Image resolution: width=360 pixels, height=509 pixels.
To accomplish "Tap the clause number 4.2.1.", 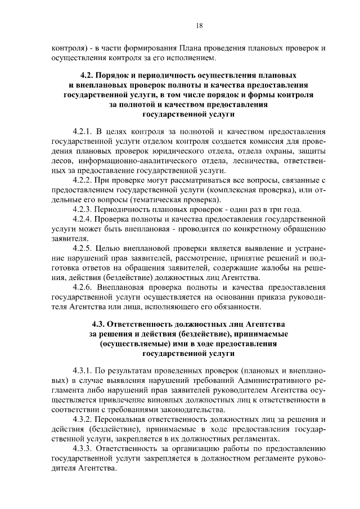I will [84, 130].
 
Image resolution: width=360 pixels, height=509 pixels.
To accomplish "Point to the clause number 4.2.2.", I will [84, 180].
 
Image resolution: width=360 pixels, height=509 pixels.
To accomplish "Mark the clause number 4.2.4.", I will [84, 219].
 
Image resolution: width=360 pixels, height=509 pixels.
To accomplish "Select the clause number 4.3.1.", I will [84, 370].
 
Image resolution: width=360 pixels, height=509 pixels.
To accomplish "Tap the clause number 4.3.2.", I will [84, 420].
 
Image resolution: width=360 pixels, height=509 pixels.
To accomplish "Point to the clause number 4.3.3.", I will [84, 449].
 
